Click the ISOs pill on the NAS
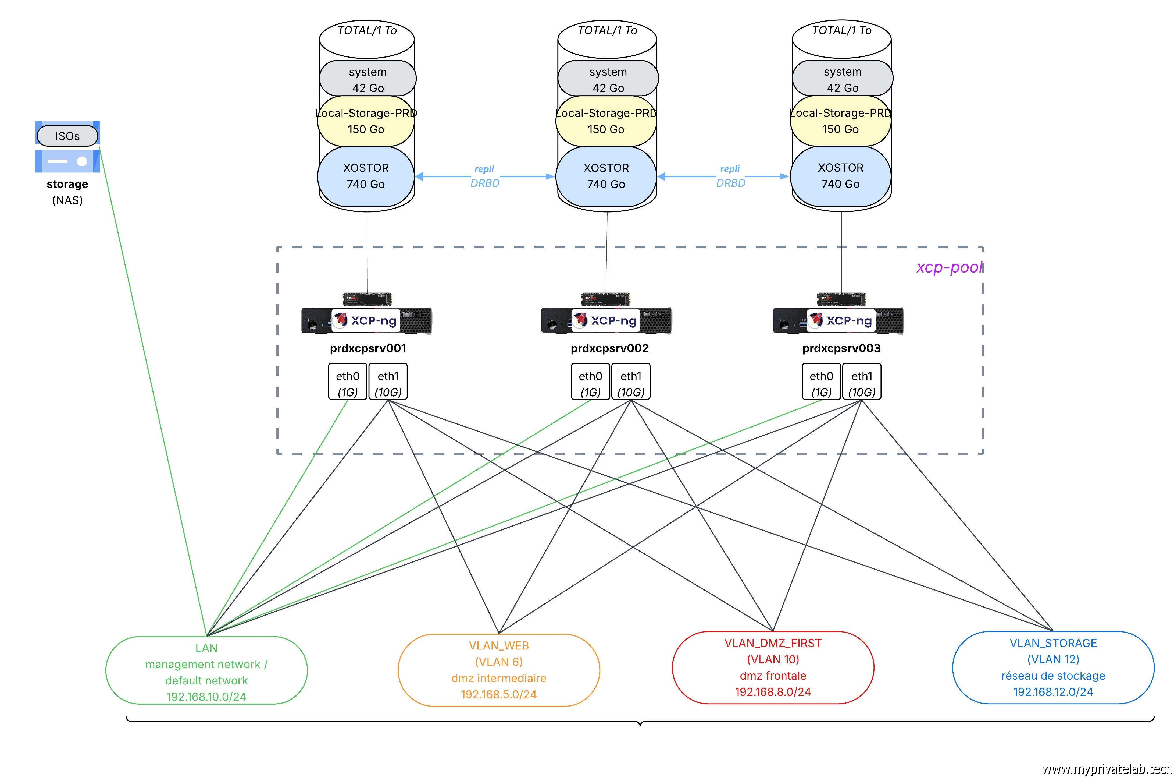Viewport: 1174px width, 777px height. [x=67, y=136]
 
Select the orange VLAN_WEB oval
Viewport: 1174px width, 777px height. [x=499, y=670]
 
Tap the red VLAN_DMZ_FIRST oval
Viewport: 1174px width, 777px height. [x=773, y=667]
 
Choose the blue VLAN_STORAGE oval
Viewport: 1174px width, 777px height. [x=1053, y=667]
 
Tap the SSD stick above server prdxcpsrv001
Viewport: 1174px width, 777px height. [x=367, y=299]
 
